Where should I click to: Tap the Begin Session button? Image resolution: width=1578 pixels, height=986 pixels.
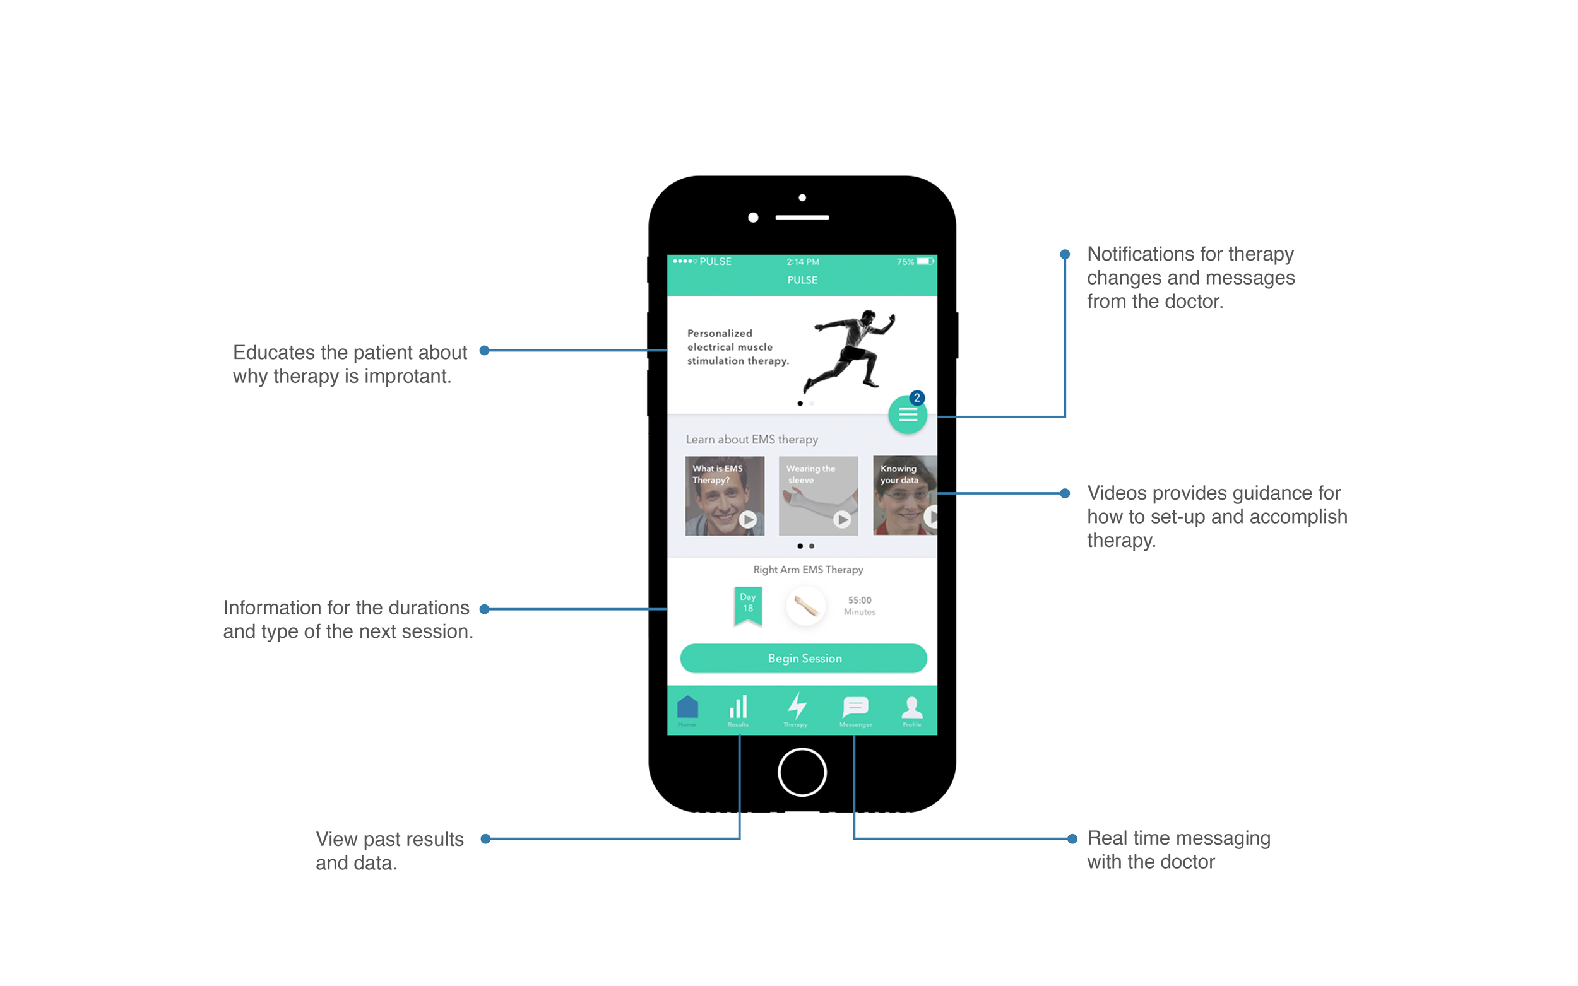click(x=803, y=658)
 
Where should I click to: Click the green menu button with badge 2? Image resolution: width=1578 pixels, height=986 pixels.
click(x=908, y=414)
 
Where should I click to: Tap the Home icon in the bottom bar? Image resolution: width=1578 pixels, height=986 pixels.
click(x=687, y=709)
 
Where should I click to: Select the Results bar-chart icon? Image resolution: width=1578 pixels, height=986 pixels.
click(x=738, y=709)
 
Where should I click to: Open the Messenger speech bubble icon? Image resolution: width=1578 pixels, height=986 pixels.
click(x=855, y=709)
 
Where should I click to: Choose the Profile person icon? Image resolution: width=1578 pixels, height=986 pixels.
click(x=911, y=709)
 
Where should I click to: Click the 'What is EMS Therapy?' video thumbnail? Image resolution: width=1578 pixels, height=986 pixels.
click(x=724, y=496)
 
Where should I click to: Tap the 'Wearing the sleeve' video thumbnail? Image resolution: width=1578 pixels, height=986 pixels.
click(x=818, y=496)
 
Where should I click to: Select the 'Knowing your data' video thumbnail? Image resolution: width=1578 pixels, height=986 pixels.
click(x=905, y=496)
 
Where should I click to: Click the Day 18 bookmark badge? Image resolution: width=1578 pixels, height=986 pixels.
click(x=747, y=604)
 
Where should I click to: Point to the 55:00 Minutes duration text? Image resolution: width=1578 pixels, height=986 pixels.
click(x=859, y=605)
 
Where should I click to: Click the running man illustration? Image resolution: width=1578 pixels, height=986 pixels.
click(x=849, y=349)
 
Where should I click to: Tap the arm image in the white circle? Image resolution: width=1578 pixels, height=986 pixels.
click(x=805, y=606)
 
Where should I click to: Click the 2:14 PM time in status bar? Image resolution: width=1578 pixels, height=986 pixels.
click(x=802, y=262)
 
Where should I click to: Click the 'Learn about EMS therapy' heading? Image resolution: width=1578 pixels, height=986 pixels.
click(x=752, y=440)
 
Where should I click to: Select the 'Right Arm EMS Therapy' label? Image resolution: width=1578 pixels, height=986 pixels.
click(x=807, y=569)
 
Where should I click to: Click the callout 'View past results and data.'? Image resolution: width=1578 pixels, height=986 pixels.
click(x=389, y=850)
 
